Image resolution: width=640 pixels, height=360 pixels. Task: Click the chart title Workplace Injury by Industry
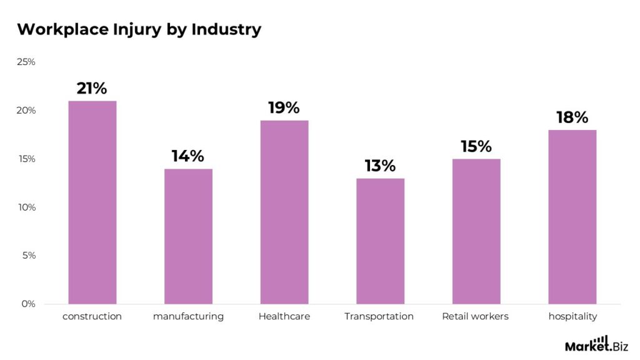(x=139, y=29)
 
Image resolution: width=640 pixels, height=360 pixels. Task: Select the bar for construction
(x=92, y=202)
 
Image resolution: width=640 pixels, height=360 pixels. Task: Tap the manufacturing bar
(x=188, y=236)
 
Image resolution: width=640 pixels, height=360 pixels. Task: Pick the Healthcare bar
(x=284, y=212)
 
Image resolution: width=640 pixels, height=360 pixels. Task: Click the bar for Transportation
(x=380, y=241)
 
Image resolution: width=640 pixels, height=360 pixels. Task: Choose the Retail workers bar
(x=476, y=231)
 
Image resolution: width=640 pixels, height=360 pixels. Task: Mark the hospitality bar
(x=572, y=217)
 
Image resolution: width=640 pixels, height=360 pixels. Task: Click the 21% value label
(x=92, y=89)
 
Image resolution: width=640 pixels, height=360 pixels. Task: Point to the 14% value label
(x=188, y=156)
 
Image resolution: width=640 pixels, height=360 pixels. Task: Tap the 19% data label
(x=284, y=107)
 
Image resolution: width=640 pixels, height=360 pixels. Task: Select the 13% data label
(x=380, y=166)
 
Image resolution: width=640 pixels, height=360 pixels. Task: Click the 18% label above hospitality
(x=572, y=117)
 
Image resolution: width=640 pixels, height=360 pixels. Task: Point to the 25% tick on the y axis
(x=26, y=62)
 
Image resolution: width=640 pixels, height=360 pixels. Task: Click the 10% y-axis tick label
(x=26, y=207)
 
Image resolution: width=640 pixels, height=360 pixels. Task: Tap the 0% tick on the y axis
(x=29, y=304)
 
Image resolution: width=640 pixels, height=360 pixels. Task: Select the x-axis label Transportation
(x=379, y=317)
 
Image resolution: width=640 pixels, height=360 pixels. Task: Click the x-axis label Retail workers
(x=475, y=317)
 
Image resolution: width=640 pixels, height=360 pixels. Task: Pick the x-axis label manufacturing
(x=188, y=317)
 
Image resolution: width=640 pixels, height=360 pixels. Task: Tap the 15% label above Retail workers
(x=476, y=147)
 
